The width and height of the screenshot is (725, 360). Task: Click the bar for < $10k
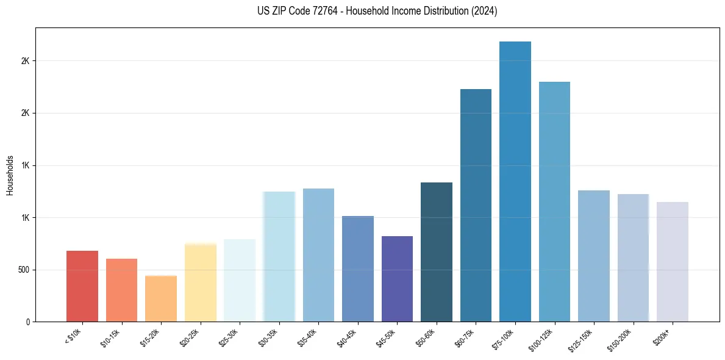[x=82, y=286]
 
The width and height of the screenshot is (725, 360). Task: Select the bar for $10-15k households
[x=121, y=290]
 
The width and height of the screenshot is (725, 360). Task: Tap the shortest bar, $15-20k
[x=161, y=298]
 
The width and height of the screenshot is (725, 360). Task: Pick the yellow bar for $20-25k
[x=201, y=282]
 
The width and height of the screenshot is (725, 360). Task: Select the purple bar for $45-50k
[x=397, y=279]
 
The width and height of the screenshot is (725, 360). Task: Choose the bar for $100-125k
[x=554, y=201]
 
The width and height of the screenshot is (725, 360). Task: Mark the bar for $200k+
[x=673, y=262]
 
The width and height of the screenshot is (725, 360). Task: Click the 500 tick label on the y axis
[x=24, y=270]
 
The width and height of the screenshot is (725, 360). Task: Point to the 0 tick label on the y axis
[x=28, y=322]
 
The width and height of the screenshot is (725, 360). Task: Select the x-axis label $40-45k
[x=348, y=337]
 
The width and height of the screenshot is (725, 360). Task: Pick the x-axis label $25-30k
[x=229, y=337]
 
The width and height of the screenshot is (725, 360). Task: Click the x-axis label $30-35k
[x=269, y=337]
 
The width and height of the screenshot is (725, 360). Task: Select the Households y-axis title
[x=10, y=175]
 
